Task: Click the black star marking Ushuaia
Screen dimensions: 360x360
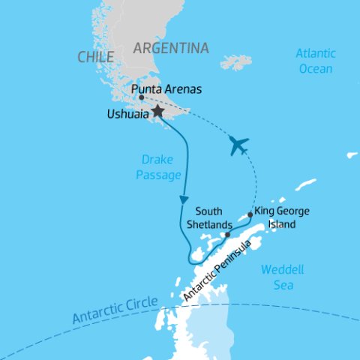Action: pyautogui.click(x=157, y=111)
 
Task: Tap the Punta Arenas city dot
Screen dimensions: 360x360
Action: pyautogui.click(x=142, y=97)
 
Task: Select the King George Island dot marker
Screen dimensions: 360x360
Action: pyautogui.click(x=250, y=214)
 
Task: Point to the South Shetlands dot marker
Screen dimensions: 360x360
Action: pyautogui.click(x=226, y=235)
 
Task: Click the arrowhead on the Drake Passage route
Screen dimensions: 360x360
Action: pyautogui.click(x=182, y=200)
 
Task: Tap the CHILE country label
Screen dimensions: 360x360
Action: pyautogui.click(x=95, y=57)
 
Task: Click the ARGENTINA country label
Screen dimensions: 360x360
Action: pyautogui.click(x=170, y=49)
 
